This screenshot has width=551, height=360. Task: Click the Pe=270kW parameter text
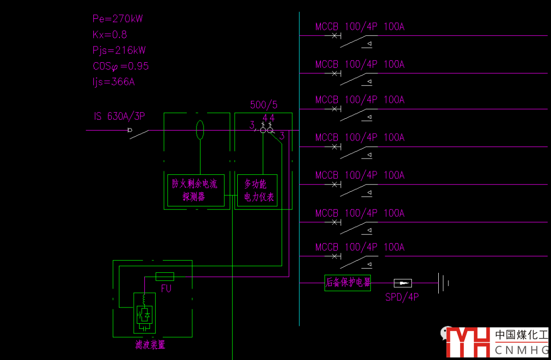pos(118,19)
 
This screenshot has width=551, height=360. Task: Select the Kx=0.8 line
pos(110,35)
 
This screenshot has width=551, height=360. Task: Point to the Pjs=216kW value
pos(119,50)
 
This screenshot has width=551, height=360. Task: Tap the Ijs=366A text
pos(114,82)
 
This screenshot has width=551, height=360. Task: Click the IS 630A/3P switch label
pos(119,116)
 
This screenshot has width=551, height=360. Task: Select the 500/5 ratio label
pos(264,105)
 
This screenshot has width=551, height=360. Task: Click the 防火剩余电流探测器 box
pos(196,190)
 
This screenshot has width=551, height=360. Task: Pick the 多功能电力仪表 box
pos(259,190)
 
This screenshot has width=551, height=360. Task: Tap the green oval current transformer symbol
pos(201,130)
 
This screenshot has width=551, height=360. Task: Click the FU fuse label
pos(166,288)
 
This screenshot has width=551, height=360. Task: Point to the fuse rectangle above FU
pos(164,276)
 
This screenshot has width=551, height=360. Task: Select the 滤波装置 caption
pos(150,345)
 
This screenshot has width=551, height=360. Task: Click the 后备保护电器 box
pos(347,282)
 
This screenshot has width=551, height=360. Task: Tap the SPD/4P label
pos(402,297)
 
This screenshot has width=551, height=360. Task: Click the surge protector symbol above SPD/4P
pos(403,283)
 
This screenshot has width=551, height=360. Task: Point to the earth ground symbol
pos(443,282)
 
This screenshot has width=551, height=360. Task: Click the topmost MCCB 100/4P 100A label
pos(360,27)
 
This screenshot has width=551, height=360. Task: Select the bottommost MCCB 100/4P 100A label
pos(360,248)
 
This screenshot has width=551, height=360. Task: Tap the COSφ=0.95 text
pos(121,66)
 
